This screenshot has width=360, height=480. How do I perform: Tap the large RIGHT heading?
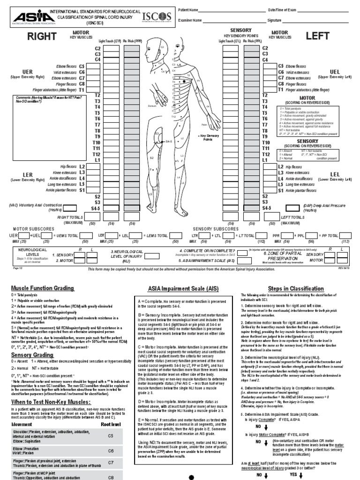point(42,37)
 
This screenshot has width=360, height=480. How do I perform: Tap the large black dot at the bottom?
point(191,476)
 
